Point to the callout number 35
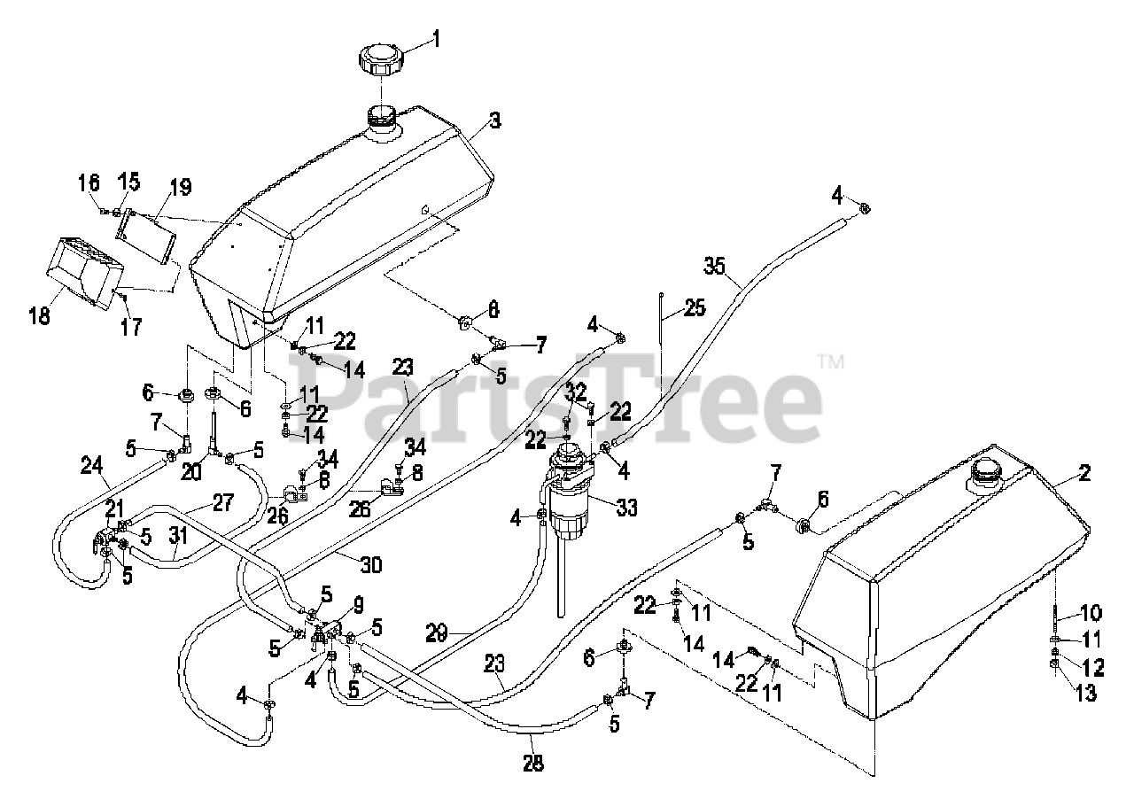(x=714, y=264)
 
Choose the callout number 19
(x=180, y=187)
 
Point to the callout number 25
(x=695, y=309)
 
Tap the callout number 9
(x=358, y=607)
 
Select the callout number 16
(x=89, y=184)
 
